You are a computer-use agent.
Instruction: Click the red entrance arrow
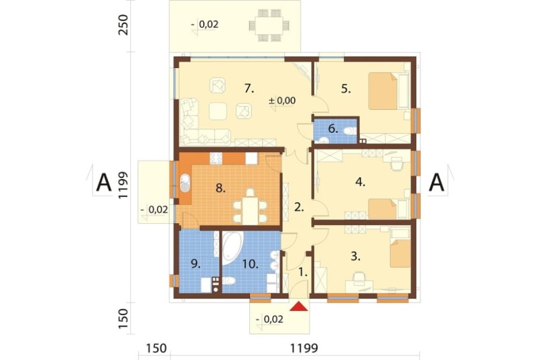(299, 306)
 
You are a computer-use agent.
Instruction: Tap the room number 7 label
(249, 89)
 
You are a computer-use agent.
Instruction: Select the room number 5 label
(346, 89)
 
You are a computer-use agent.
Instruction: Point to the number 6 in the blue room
(333, 129)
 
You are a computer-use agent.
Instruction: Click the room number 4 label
(360, 182)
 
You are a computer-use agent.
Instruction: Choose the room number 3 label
(355, 256)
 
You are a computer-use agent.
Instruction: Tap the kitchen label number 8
(221, 188)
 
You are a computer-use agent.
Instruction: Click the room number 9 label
(195, 264)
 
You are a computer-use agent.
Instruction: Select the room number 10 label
(250, 264)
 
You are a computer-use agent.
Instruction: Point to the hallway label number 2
(299, 207)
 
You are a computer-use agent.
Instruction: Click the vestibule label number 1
(302, 272)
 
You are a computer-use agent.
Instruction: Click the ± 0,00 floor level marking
(282, 101)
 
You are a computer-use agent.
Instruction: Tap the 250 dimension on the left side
(123, 25)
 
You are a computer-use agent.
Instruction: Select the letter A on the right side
(437, 182)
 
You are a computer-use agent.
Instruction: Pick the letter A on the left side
(104, 182)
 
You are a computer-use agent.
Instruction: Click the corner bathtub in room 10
(233, 248)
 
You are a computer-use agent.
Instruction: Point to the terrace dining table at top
(269, 25)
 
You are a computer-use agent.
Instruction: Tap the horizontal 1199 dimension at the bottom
(304, 348)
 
